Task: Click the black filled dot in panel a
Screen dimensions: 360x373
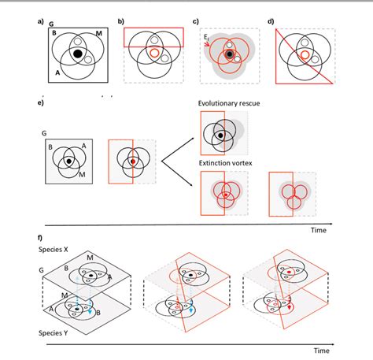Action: pyautogui.click(x=78, y=54)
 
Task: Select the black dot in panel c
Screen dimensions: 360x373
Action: pyautogui.click(x=228, y=55)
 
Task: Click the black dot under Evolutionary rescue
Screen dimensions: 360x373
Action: pyautogui.click(x=222, y=135)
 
